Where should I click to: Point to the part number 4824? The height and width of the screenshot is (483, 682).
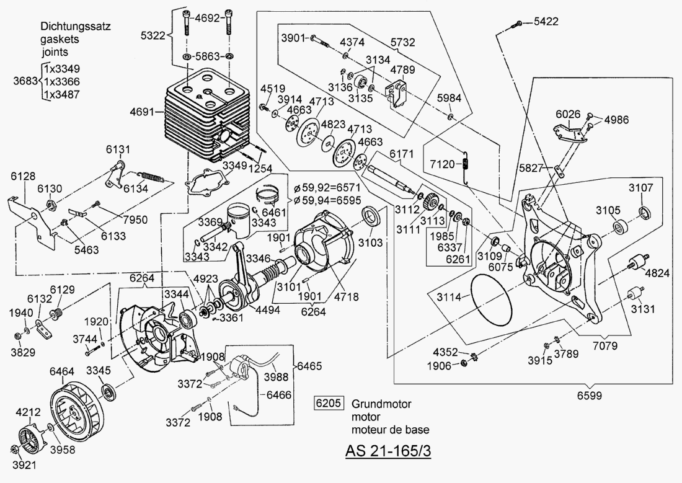coord(657,272)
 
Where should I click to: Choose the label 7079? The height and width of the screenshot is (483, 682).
coord(608,343)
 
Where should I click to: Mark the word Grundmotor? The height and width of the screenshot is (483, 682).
coord(381,404)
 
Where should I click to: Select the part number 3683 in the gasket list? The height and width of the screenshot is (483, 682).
coord(25,81)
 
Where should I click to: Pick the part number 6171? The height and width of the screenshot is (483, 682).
coord(400,153)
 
